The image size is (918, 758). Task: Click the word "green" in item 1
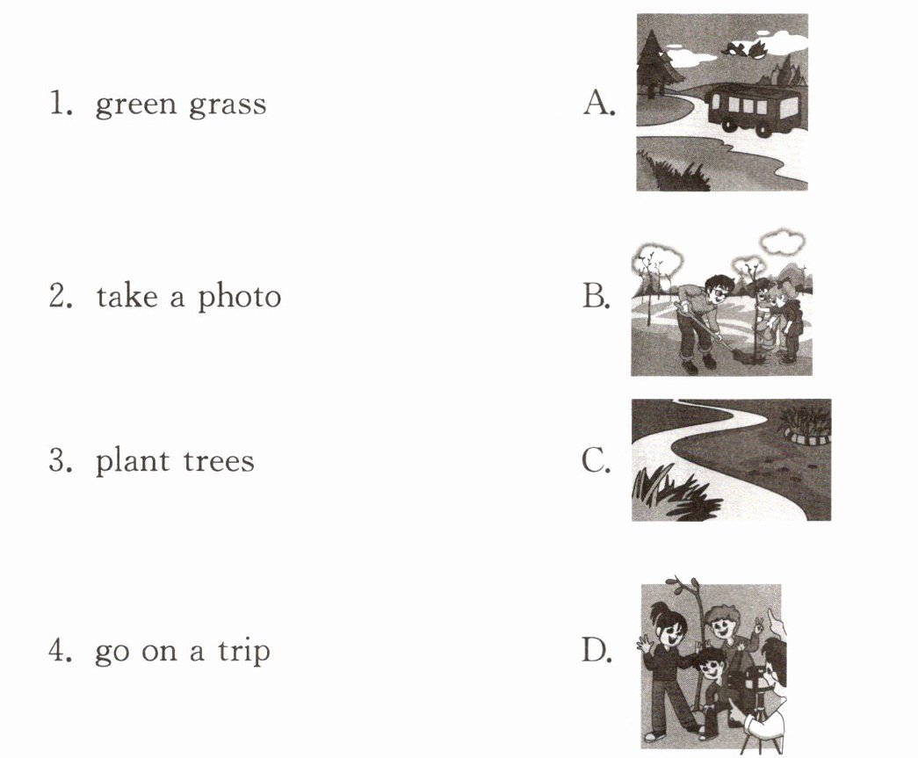(135, 105)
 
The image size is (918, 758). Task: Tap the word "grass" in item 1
(228, 105)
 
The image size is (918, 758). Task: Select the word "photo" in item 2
(239, 297)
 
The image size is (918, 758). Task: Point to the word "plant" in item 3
(133, 460)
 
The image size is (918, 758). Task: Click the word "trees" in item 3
(219, 462)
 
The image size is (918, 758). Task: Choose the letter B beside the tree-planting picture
(596, 296)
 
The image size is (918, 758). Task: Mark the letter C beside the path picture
(596, 460)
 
